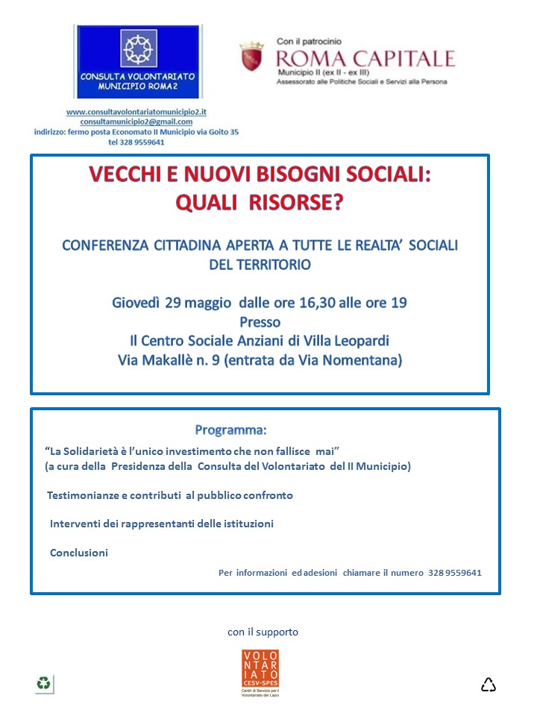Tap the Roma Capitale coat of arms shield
(x=251, y=57)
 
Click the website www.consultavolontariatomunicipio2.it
(x=136, y=112)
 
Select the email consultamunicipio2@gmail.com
(x=136, y=122)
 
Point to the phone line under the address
(x=136, y=142)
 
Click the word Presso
(x=260, y=322)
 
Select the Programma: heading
(x=230, y=430)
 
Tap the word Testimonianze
(x=84, y=495)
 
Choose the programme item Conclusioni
(x=79, y=553)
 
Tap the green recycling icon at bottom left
(x=44, y=682)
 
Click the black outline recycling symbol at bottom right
(x=489, y=684)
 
